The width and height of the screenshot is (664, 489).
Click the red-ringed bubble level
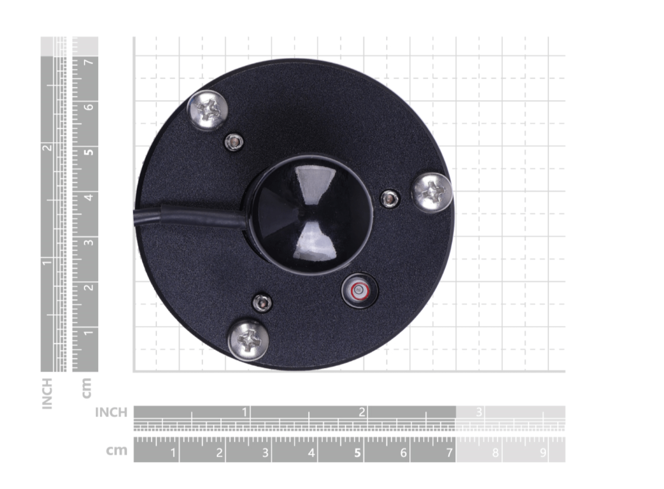pos(359,290)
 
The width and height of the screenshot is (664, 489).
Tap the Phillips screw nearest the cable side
pos(207,110)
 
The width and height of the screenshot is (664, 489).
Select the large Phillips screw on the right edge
pos(433,193)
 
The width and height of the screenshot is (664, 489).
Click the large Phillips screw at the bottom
pos(248,340)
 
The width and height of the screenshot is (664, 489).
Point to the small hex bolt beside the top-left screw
pos(234,142)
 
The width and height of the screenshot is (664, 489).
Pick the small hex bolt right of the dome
pos(390,199)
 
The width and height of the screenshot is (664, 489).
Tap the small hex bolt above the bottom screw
pos(262,303)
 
